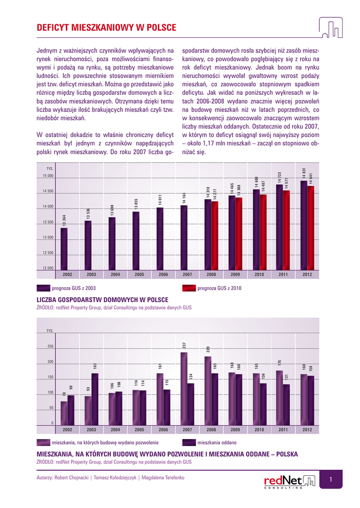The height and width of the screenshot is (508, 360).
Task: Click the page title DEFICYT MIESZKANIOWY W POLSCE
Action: [x=106, y=28]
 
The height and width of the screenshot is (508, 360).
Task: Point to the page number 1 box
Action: [x=330, y=479]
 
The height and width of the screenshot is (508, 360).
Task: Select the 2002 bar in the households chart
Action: [x=64, y=248]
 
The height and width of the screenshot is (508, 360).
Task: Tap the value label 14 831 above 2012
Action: [x=304, y=173]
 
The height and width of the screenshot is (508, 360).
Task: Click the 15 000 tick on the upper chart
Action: [x=48, y=176]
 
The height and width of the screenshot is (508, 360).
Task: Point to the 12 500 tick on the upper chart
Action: [x=48, y=253]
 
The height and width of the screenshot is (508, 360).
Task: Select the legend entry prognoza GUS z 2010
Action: [x=219, y=288]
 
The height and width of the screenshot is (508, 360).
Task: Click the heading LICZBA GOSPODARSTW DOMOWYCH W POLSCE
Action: [x=103, y=300]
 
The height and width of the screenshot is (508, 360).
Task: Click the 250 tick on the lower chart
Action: [x=51, y=346]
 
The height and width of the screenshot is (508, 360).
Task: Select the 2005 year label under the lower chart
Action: [x=139, y=430]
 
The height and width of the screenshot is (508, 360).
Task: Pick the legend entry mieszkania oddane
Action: [x=216, y=442]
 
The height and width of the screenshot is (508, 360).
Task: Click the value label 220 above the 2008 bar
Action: [x=209, y=349]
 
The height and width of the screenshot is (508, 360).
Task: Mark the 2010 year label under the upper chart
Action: [x=259, y=274]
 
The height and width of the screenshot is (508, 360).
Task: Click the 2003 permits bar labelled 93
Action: [x=88, y=410]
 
